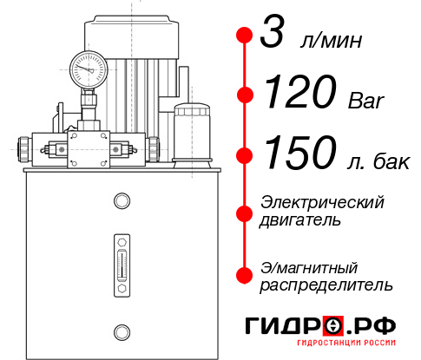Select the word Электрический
(321, 201)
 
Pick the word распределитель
(326, 285)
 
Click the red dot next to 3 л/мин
(245, 37)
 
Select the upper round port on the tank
(121, 202)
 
